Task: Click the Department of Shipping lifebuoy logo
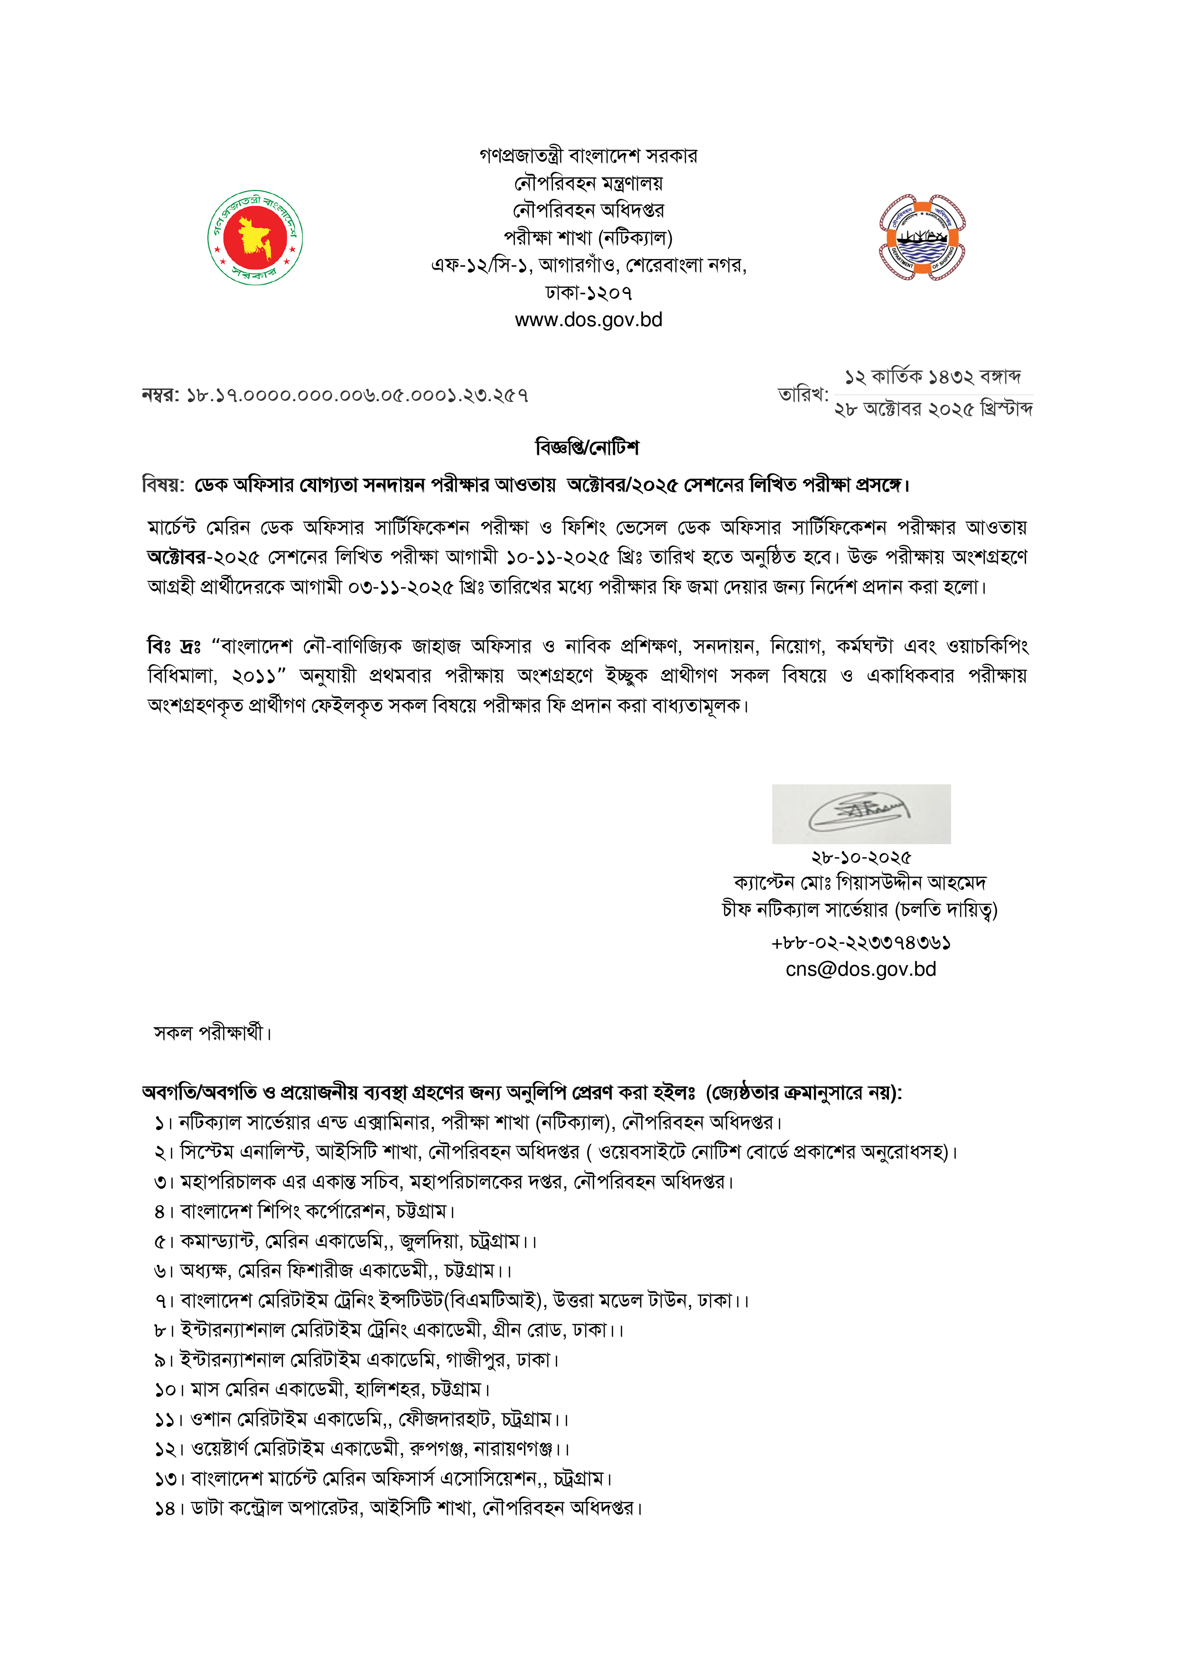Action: pos(921,237)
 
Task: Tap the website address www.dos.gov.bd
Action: pos(588,320)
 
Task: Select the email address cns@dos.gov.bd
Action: pos(861,969)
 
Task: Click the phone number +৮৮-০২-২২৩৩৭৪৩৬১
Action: pos(861,942)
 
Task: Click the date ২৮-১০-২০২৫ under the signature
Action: pos(861,857)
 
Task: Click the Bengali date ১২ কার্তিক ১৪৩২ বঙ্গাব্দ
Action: pos(933,376)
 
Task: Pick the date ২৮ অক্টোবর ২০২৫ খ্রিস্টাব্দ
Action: pos(934,409)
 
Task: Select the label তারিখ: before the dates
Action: pos(803,394)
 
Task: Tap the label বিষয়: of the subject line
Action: pos(163,485)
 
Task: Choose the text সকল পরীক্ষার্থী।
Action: pos(213,1033)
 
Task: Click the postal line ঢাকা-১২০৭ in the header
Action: pos(588,293)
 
